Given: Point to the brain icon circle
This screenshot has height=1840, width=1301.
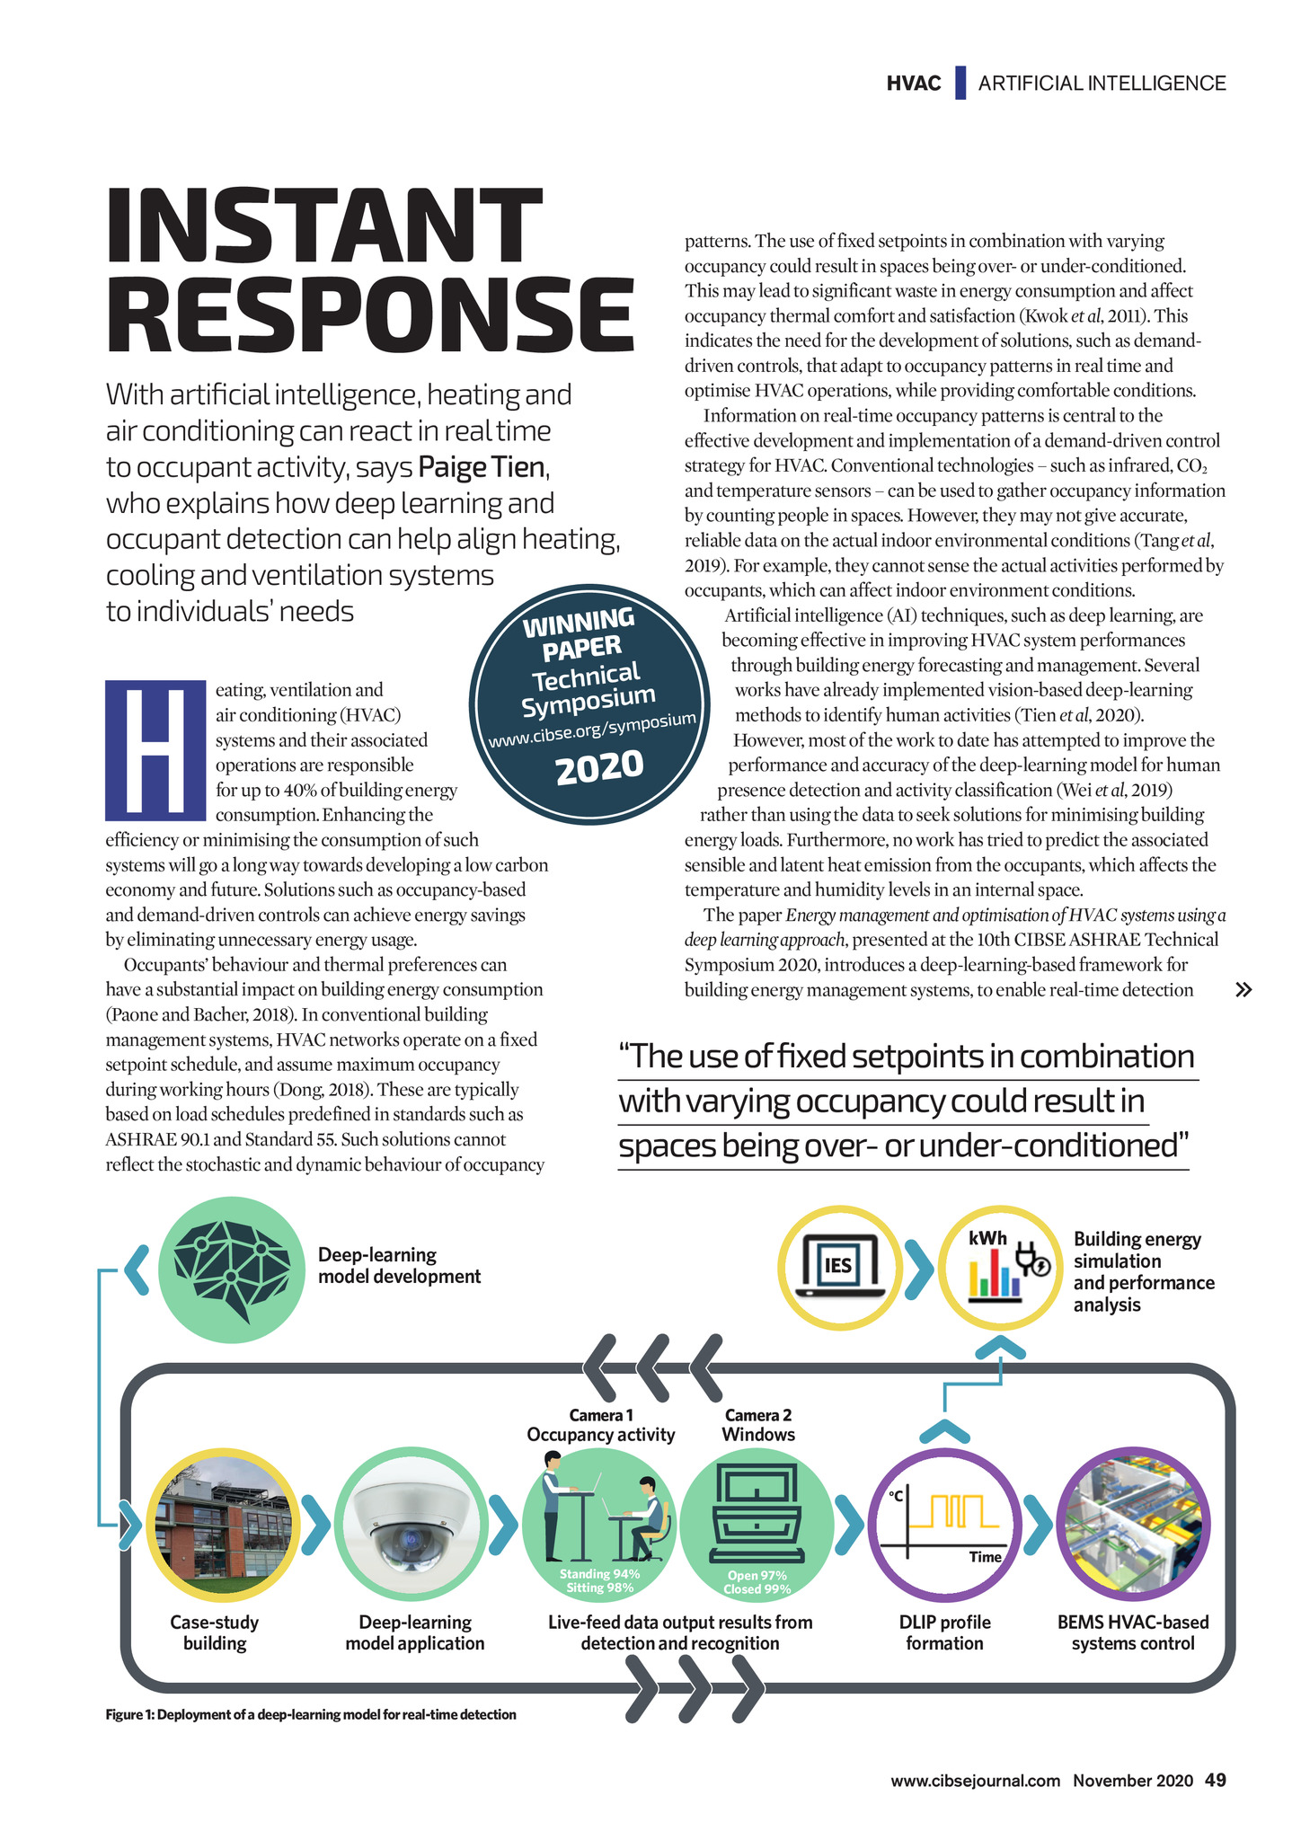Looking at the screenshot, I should [232, 1269].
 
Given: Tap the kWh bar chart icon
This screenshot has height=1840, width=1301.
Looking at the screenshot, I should [1000, 1268].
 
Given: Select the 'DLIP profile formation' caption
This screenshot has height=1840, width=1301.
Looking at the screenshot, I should [944, 1632].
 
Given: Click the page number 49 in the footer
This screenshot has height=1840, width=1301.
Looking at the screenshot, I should [1215, 1780].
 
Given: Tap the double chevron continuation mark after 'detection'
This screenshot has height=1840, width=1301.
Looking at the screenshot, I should [1243, 990].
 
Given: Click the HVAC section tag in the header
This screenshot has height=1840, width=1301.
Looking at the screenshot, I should [913, 84].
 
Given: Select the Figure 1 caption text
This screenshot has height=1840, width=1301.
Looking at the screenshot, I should [311, 1714].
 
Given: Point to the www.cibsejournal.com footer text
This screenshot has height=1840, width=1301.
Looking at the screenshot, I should [975, 1781].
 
